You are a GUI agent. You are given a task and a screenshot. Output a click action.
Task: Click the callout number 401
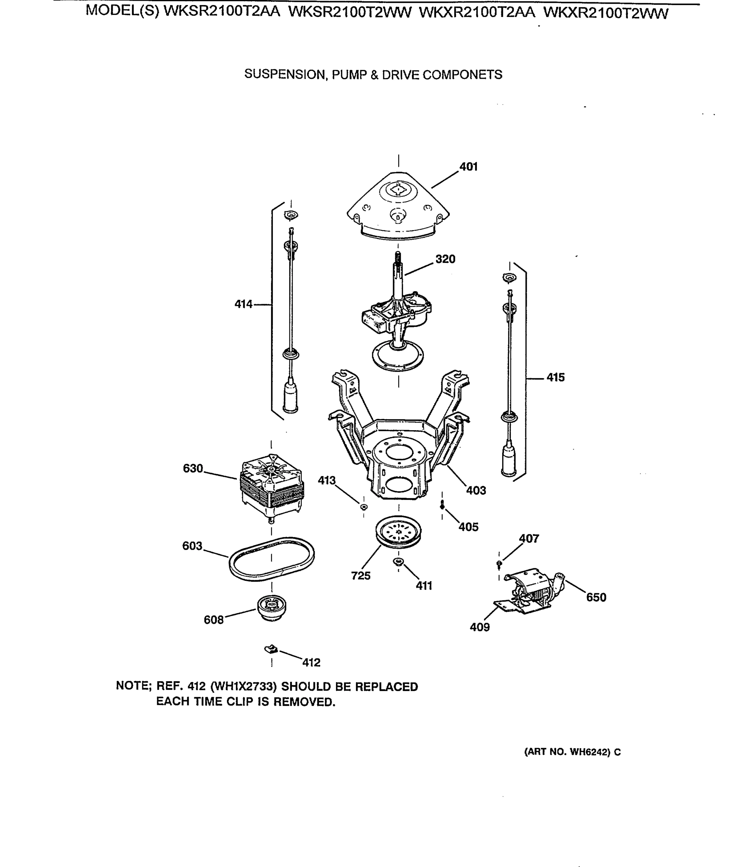pos(469,167)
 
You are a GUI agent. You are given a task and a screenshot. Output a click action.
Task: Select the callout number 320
pos(445,259)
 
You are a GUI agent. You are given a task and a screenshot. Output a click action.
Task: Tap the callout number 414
pos(243,304)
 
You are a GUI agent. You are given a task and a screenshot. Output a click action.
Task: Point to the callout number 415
pos(555,377)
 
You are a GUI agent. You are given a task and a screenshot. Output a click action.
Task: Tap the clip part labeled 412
pos(271,650)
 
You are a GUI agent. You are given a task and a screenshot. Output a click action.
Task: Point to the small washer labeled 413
pos(364,507)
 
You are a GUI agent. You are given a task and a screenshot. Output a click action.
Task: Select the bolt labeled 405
pos(442,506)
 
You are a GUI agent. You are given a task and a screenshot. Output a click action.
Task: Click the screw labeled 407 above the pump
pos(499,564)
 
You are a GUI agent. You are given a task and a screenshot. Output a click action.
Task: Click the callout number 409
pos(479,627)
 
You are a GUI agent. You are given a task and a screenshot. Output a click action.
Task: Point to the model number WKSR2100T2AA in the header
pos(221,11)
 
